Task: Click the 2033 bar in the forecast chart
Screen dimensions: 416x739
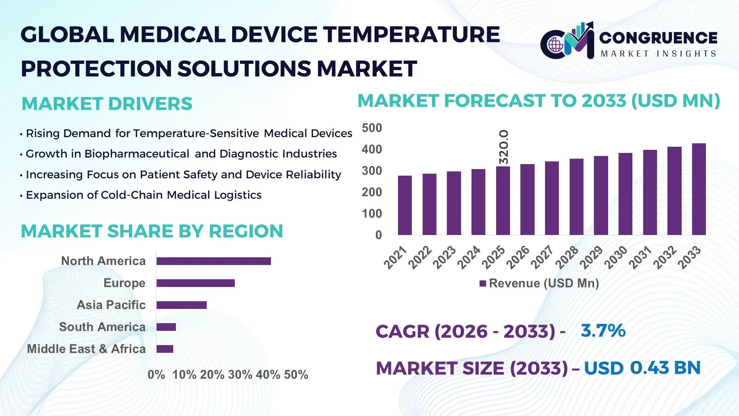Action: click(699, 189)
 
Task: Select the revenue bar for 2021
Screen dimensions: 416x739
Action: click(405, 205)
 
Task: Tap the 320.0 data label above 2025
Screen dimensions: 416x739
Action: click(503, 147)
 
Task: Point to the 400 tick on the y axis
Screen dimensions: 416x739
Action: click(371, 149)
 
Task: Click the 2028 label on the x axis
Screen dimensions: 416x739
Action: click(567, 257)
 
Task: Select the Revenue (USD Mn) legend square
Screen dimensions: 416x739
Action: click(483, 284)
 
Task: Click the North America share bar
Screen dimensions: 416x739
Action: click(214, 261)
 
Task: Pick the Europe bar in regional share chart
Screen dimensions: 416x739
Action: click(196, 283)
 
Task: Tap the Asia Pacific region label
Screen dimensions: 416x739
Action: click(111, 305)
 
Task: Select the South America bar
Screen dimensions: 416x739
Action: click(166, 327)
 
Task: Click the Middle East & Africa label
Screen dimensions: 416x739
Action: click(86, 349)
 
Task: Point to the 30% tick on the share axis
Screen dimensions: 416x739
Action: click(240, 375)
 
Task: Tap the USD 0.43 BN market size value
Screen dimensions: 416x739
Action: click(642, 368)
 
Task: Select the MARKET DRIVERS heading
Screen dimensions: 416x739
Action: click(107, 104)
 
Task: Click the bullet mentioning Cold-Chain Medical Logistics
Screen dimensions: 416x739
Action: click(143, 195)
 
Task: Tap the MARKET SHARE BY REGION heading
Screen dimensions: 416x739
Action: click(152, 231)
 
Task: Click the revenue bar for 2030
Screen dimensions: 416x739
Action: click(625, 194)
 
